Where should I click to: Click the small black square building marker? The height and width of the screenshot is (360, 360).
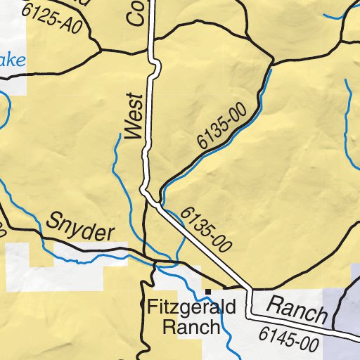pyautogui.click(x=208, y=290)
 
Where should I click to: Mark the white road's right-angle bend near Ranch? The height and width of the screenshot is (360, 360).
pyautogui.click(x=250, y=290)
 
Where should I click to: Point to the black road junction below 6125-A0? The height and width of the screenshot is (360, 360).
pyautogui.click(x=98, y=51)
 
